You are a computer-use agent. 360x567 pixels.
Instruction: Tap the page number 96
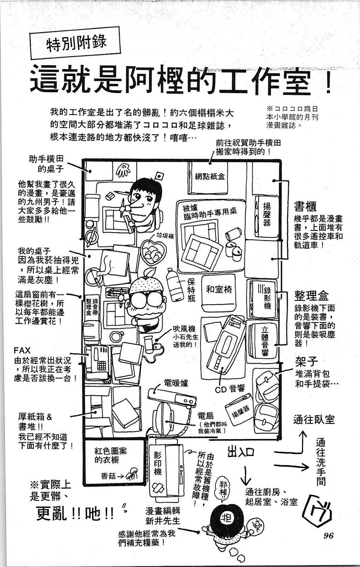[x=328, y=535]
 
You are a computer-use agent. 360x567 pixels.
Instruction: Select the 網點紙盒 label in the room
[x=209, y=176]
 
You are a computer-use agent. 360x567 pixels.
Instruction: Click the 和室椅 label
[x=219, y=290]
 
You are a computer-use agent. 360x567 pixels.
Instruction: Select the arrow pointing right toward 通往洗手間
[x=296, y=467]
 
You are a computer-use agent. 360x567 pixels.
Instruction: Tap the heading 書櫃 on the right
[x=305, y=206]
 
